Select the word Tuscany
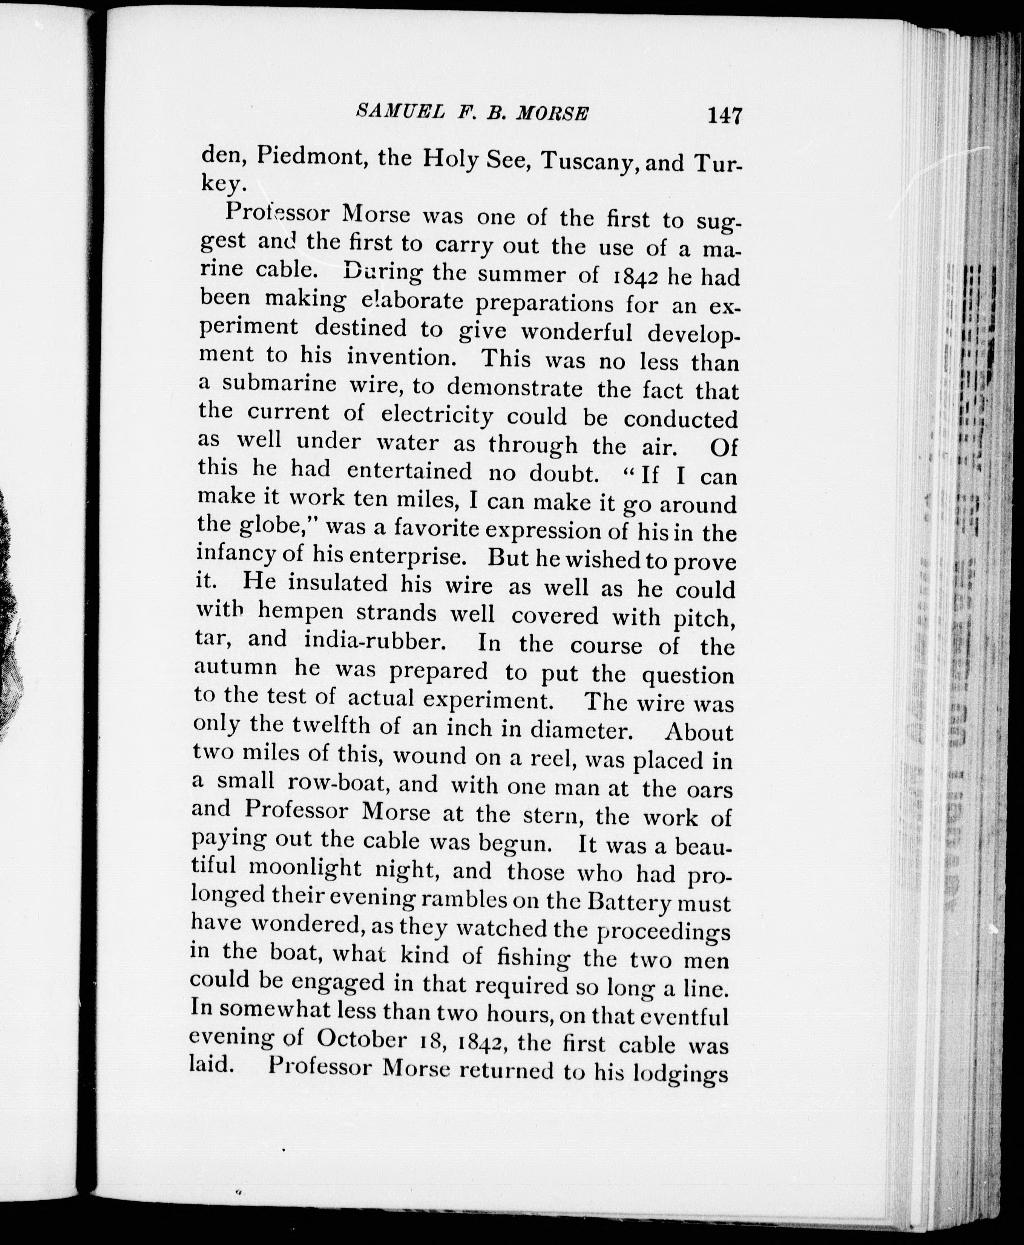pos(590,161)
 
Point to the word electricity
pos(437,414)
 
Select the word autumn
pos(236,666)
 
